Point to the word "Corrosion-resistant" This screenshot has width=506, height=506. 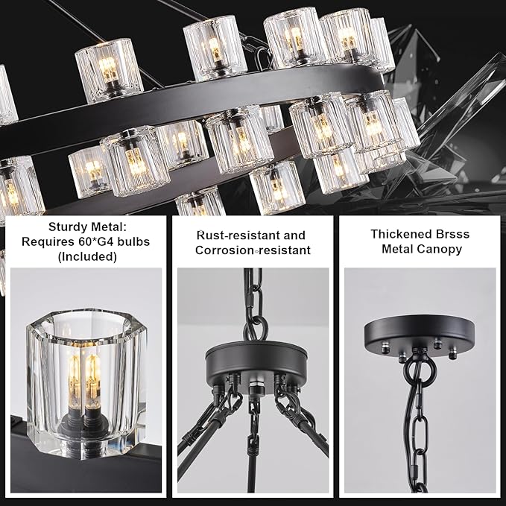(253, 250)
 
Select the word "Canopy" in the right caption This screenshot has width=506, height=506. (442, 249)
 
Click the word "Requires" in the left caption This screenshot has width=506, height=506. (48, 241)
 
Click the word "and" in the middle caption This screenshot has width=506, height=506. (294, 235)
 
